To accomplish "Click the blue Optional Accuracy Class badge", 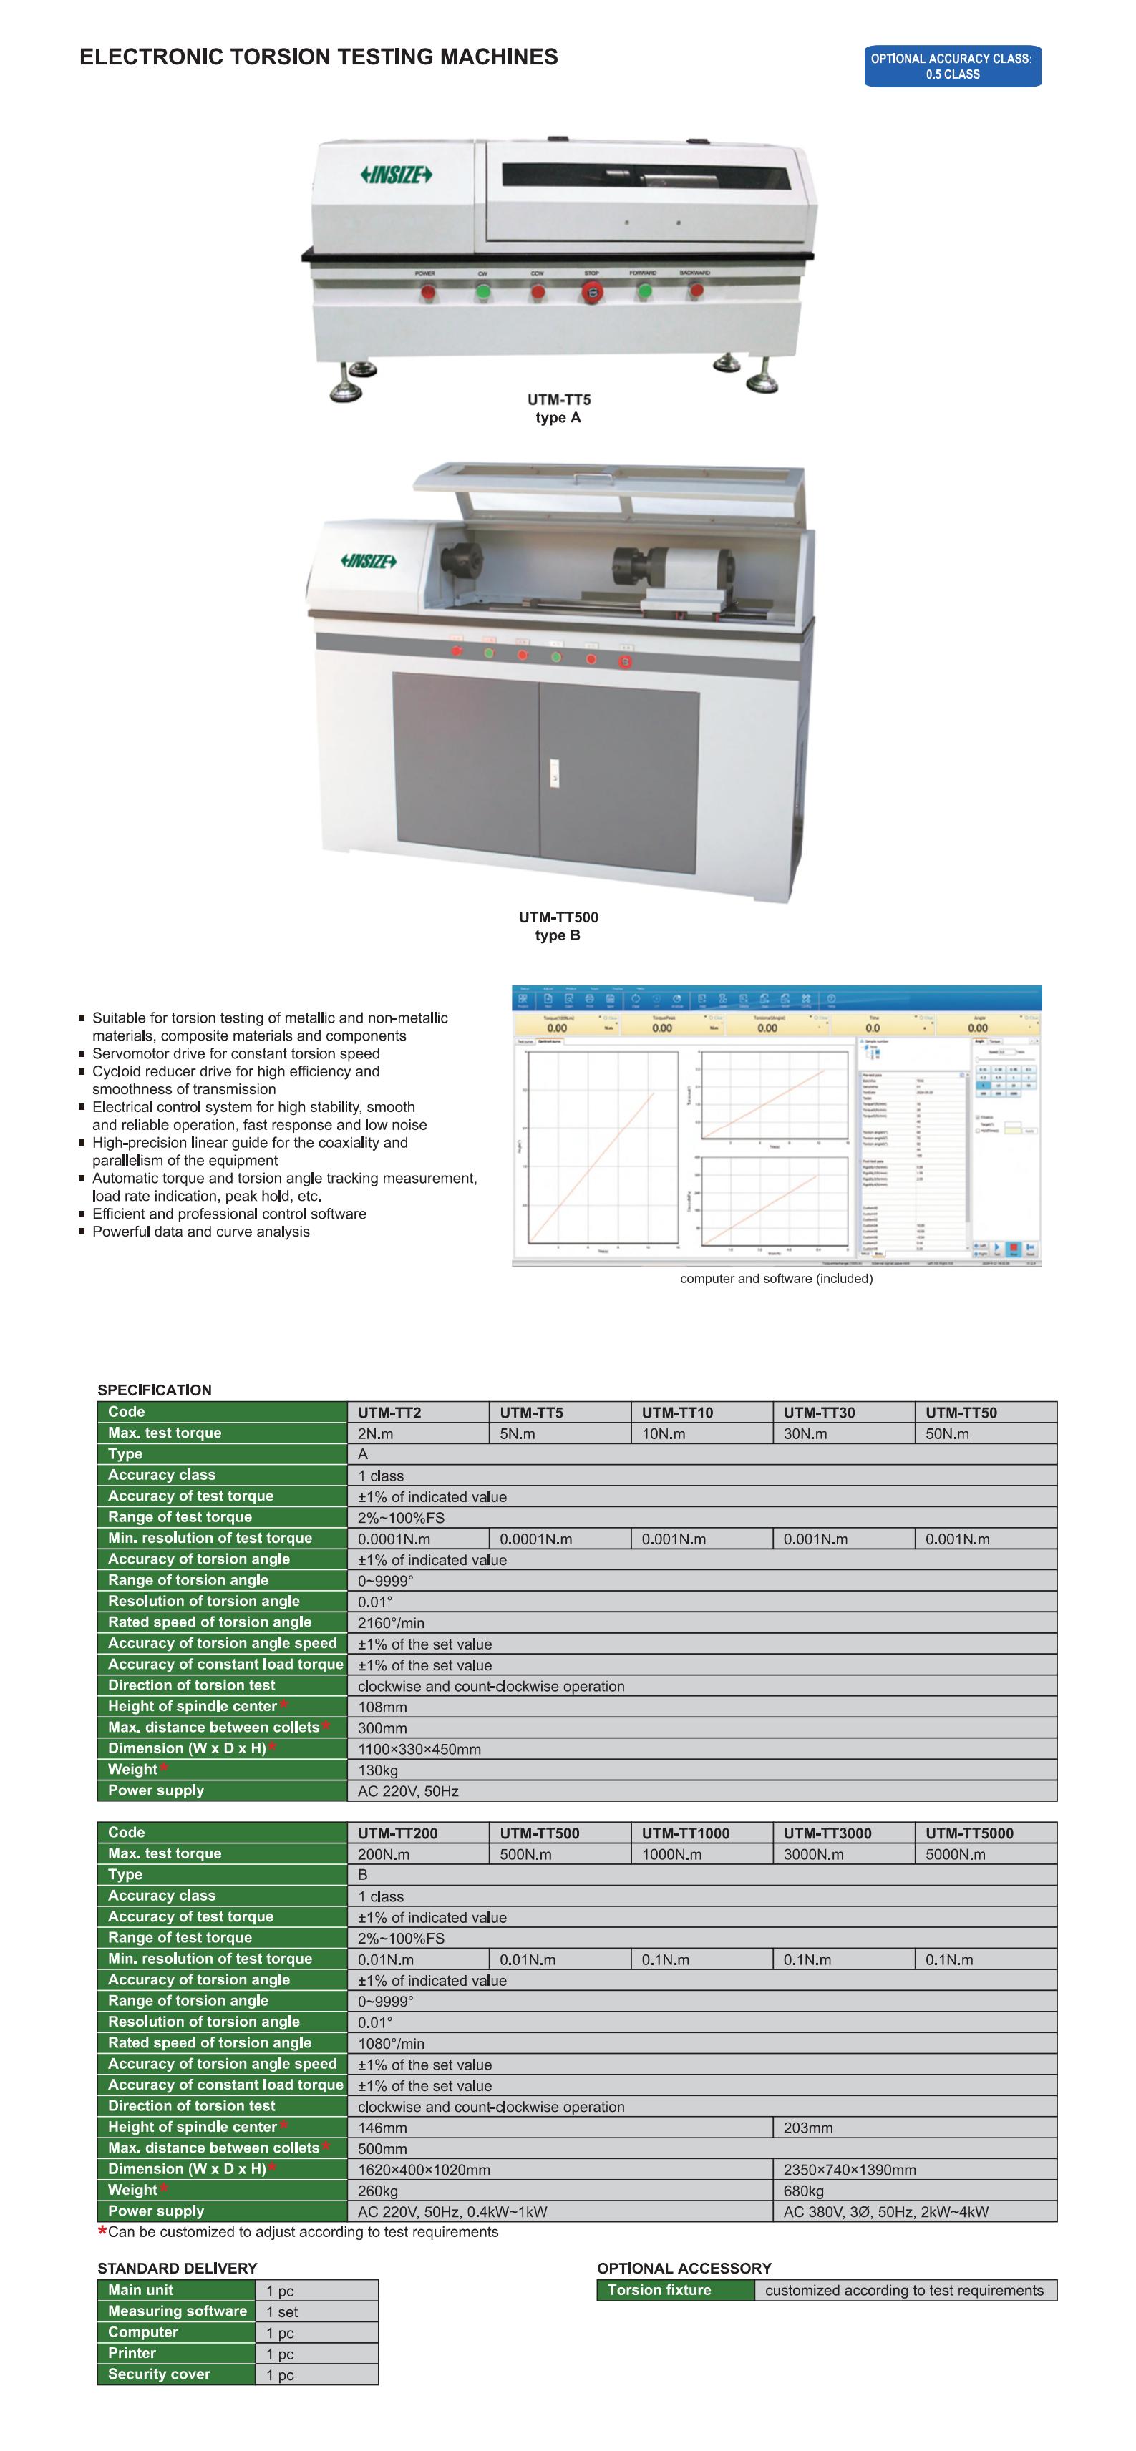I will point(951,67).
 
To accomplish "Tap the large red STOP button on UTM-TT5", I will point(592,292).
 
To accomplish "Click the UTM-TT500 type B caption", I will point(558,926).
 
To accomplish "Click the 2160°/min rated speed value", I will point(391,1622).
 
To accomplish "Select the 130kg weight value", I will point(378,1770).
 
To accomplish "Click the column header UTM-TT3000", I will point(827,1833).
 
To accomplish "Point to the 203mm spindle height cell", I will point(807,2128).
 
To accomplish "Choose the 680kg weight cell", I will point(803,2191).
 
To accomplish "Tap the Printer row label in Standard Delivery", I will point(132,2353).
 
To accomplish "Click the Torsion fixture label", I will point(659,2290).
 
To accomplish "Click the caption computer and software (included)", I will point(775,1278).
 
